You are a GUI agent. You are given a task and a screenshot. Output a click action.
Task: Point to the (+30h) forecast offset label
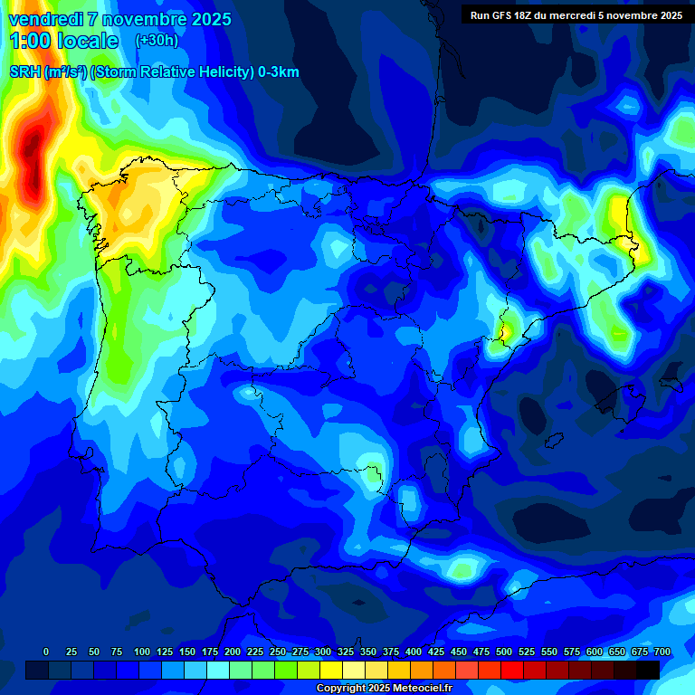point(157,41)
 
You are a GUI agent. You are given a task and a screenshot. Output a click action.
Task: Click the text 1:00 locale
point(63,41)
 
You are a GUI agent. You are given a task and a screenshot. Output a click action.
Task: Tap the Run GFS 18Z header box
point(576,14)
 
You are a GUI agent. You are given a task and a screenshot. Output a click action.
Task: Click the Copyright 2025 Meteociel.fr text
point(384,689)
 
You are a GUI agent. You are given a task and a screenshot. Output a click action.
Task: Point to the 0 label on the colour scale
point(47,652)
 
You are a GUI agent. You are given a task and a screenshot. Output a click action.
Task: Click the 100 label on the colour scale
point(141,652)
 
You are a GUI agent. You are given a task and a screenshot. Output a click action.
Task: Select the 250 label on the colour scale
point(277,652)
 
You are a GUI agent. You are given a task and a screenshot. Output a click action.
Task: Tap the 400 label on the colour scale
point(413,652)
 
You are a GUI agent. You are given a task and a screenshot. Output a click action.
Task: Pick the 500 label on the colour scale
point(503,652)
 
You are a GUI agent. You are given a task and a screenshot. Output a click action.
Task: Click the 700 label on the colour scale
point(662,652)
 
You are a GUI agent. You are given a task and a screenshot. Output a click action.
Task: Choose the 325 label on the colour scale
point(345,652)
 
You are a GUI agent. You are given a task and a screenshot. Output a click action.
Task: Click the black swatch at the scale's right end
point(648,670)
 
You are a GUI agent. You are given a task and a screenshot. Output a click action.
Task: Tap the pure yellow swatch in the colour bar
point(331,670)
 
